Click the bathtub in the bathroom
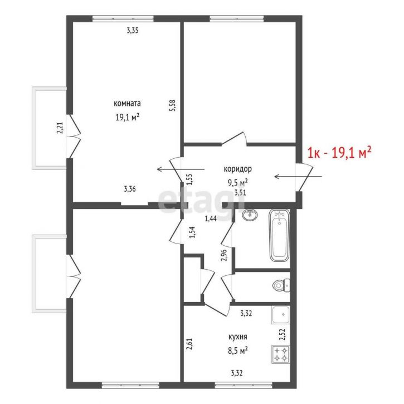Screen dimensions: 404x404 (279, 235)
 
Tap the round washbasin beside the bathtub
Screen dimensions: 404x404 (250, 215)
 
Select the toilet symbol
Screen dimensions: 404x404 (281, 285)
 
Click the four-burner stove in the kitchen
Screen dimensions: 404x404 (281, 354)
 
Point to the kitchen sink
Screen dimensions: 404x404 (281, 315)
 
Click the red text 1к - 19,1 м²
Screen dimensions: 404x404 (339, 153)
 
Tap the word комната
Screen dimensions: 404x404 (127, 103)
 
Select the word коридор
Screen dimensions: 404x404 (237, 169)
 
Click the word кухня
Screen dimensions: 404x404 (238, 337)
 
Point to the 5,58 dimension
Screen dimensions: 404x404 (172, 105)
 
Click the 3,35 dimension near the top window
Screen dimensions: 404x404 (133, 31)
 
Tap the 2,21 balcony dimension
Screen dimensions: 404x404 (60, 128)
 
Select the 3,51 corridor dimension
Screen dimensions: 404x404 (240, 192)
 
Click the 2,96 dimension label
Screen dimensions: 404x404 (224, 255)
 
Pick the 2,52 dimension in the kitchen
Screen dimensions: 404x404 (283, 334)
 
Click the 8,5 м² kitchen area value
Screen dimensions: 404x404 (238, 351)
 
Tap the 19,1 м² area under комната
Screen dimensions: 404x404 (127, 117)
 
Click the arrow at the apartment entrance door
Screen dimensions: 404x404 (298, 177)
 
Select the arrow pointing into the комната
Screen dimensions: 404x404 (181, 169)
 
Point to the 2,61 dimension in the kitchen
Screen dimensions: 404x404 (189, 344)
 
